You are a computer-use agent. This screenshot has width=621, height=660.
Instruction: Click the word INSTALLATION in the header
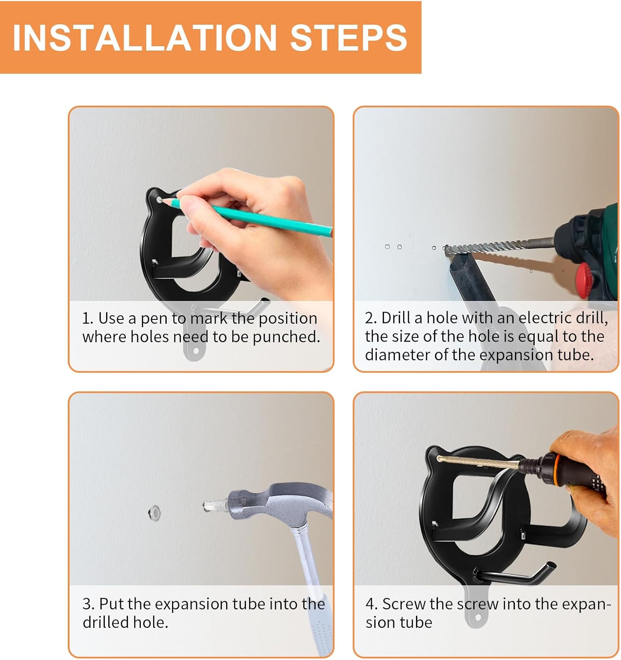(145, 37)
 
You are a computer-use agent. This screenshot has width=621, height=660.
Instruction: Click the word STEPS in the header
(349, 37)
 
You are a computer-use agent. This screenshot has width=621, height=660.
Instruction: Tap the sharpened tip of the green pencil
(160, 200)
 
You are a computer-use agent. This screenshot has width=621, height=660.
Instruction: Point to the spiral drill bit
(499, 246)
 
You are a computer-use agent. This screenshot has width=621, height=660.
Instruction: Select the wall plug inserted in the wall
(154, 513)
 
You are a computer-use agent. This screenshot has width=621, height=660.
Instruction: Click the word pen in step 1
(154, 319)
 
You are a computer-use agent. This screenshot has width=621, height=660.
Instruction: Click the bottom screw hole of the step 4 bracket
(478, 617)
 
